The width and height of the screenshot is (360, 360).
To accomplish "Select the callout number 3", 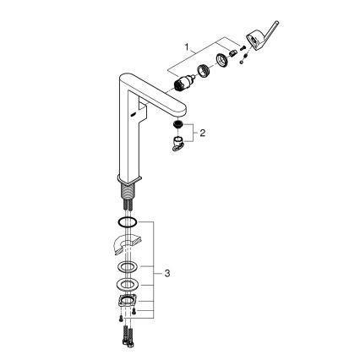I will tap(168, 274).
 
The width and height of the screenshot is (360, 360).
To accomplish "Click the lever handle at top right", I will tap(259, 38).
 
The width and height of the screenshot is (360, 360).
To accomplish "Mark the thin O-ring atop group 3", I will tap(126, 222).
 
